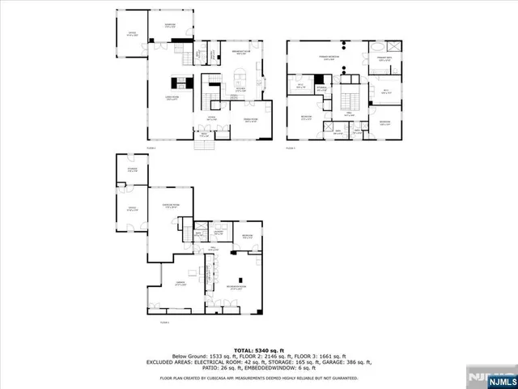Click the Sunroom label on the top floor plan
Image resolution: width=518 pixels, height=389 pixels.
(169, 26)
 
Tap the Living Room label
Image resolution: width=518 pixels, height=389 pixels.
(172, 98)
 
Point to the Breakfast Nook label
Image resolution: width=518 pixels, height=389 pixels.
(240, 53)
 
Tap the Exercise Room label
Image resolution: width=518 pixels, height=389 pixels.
(171, 206)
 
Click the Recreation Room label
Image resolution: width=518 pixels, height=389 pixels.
(236, 288)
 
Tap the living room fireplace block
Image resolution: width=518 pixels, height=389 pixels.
(180, 81)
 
